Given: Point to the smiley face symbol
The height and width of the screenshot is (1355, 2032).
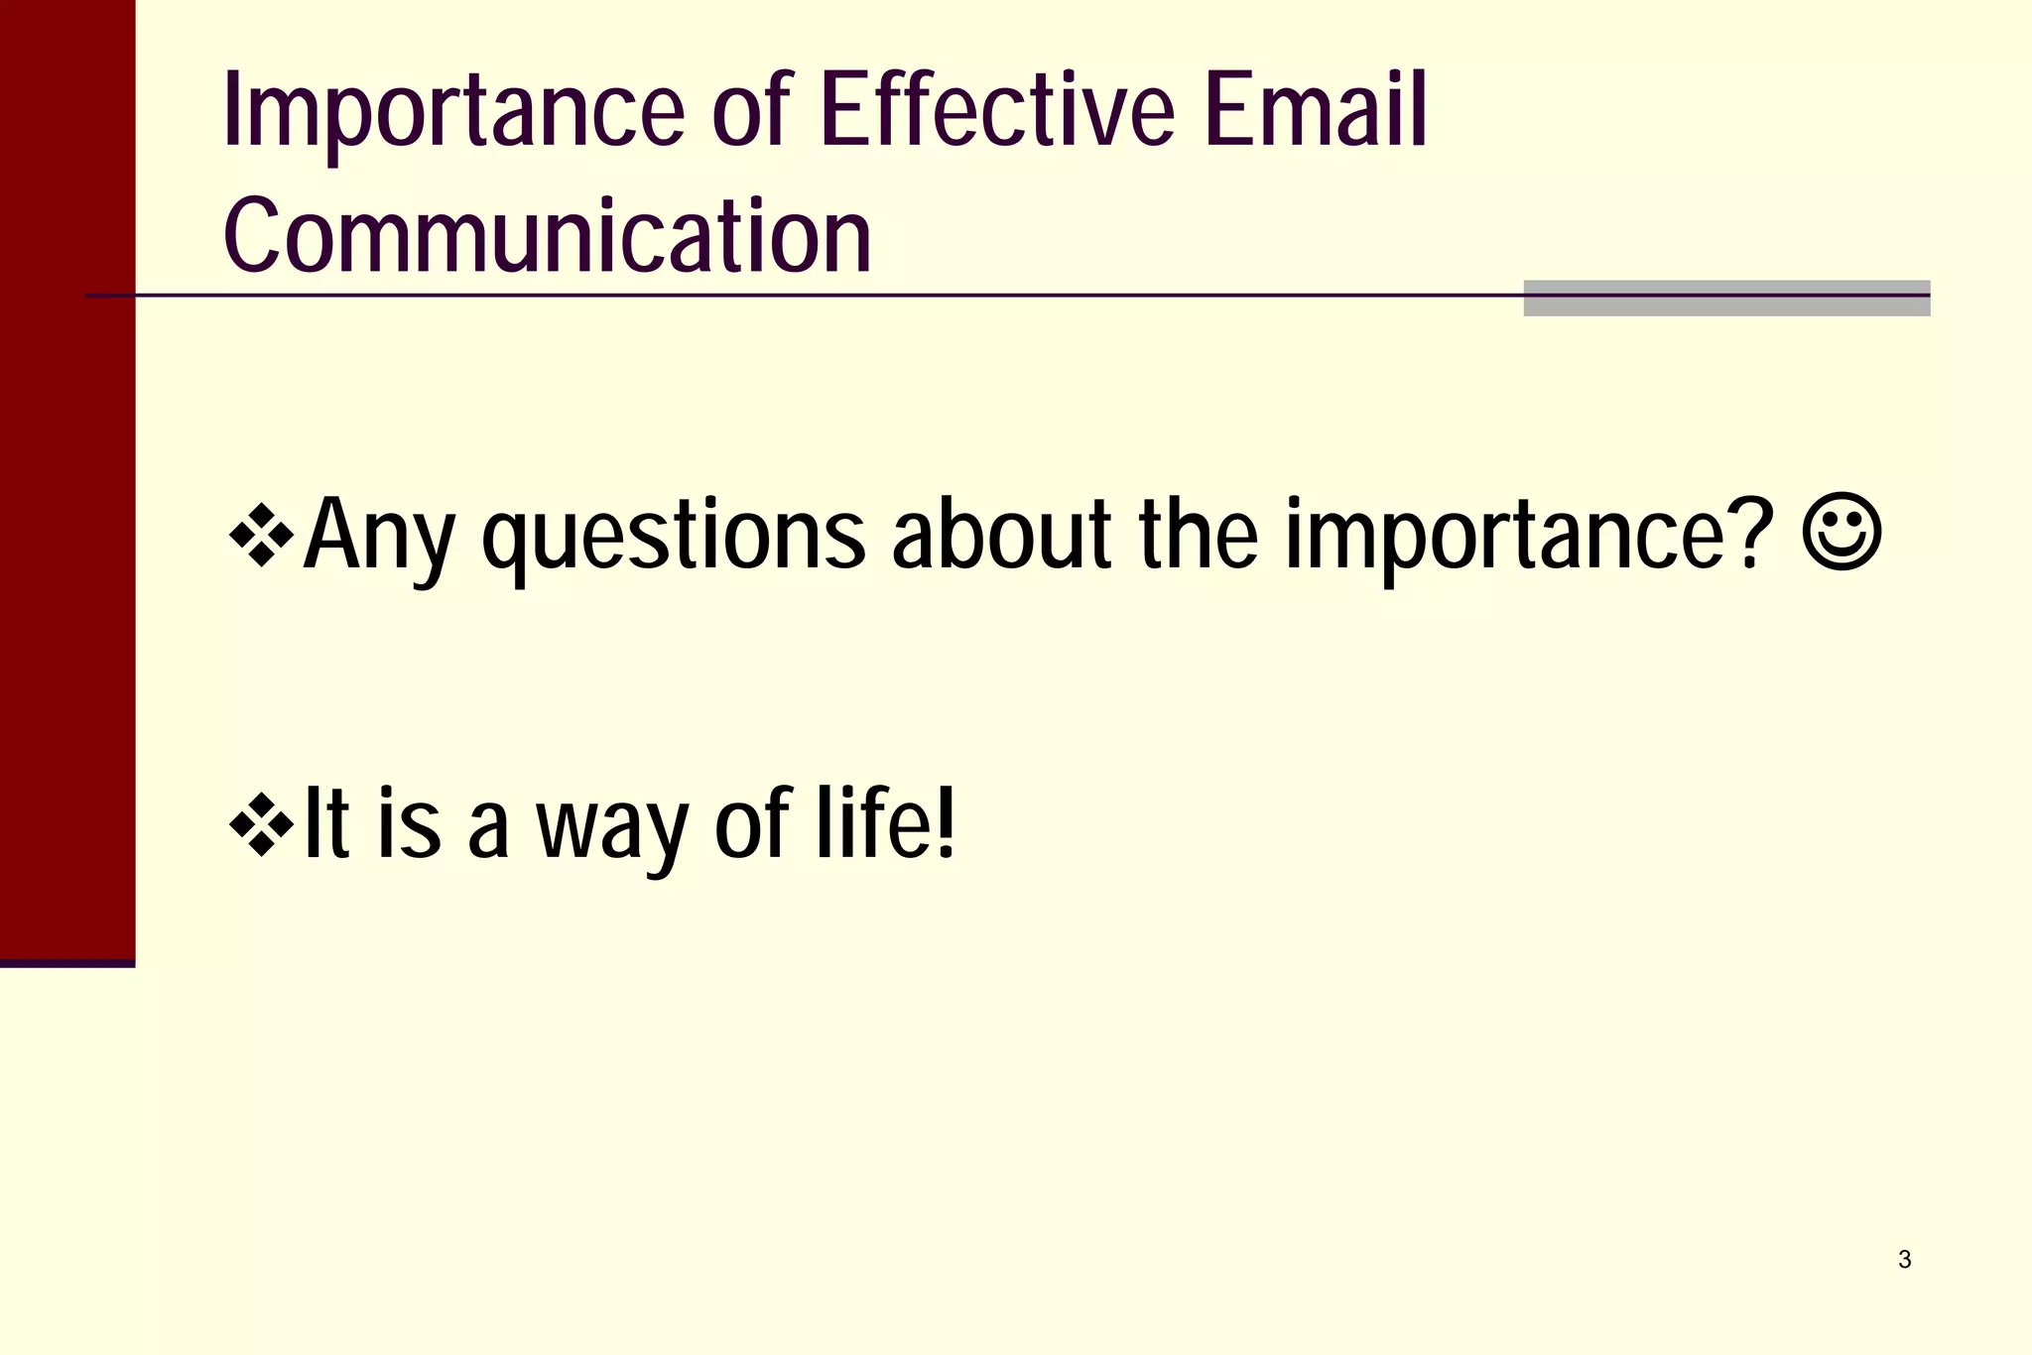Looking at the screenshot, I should (1841, 534).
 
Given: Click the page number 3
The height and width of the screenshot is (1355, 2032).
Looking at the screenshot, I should (1904, 1260).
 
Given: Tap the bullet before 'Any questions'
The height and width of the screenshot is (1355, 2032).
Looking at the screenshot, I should (261, 536).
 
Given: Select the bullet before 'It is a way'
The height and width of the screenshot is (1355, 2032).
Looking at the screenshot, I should (261, 823).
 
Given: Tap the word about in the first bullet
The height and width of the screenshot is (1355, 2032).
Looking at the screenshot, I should (1001, 536).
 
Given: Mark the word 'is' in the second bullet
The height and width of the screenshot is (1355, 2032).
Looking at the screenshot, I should (409, 823).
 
